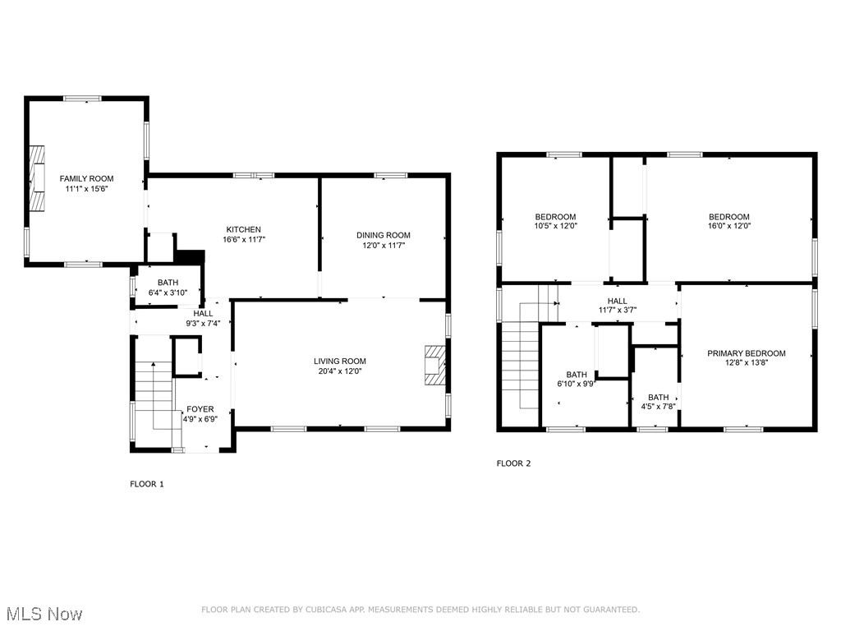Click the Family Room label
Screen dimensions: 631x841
[86, 178]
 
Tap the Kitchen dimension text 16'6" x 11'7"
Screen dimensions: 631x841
[244, 240]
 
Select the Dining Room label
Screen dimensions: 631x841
[383, 235]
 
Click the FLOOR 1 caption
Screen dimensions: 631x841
[147, 484]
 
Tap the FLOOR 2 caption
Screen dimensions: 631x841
[513, 463]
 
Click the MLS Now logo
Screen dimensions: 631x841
[44, 614]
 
